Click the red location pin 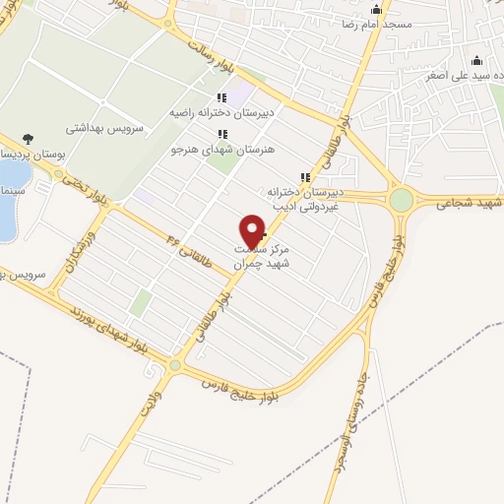(x=253, y=231)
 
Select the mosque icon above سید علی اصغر (x=477, y=59)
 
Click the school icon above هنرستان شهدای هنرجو (x=222, y=134)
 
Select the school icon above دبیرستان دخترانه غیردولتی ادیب (x=305, y=177)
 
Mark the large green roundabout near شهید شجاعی (x=401, y=201)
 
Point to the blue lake (x=10, y=202)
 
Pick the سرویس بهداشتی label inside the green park (x=106, y=128)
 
